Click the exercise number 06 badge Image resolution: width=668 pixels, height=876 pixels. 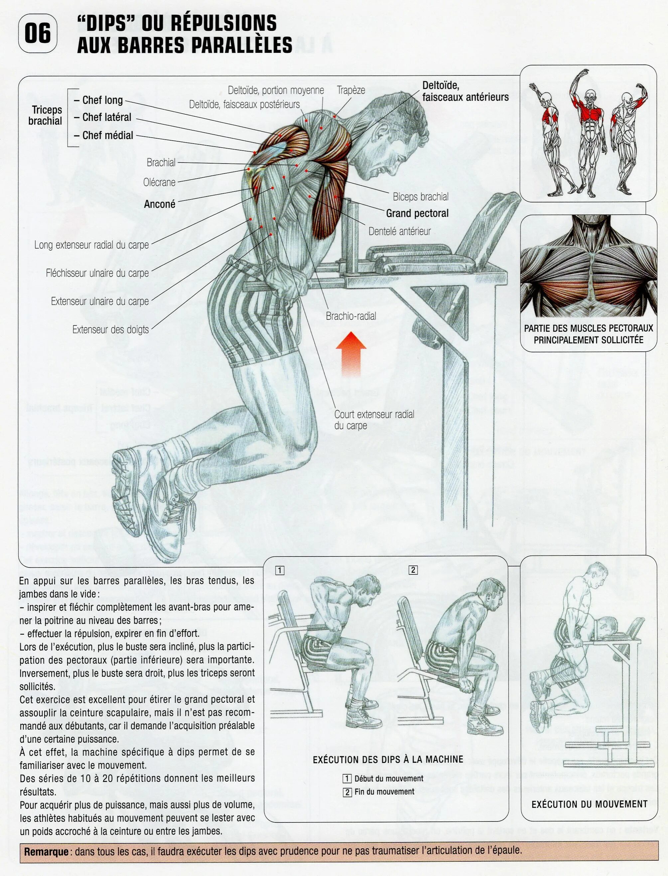38,33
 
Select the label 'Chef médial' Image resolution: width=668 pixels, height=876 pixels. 107,136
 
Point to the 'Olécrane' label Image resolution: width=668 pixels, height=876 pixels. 159,183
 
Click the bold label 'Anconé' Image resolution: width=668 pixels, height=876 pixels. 160,204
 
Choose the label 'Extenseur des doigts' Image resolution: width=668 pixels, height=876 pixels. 110,329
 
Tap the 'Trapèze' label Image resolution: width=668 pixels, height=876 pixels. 351,90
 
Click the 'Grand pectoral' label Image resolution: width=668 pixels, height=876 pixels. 417,213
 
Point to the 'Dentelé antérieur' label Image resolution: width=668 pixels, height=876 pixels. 399,231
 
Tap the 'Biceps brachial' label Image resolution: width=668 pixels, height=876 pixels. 420,197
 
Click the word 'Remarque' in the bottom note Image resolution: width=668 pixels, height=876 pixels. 46,852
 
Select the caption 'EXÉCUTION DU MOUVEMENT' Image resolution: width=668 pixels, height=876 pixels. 589,804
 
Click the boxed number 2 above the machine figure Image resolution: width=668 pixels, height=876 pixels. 413,570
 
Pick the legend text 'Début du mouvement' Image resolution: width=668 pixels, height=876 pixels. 388,779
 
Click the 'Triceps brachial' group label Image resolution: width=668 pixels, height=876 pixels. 47,115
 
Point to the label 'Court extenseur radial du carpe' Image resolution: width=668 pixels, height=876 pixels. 374,420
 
